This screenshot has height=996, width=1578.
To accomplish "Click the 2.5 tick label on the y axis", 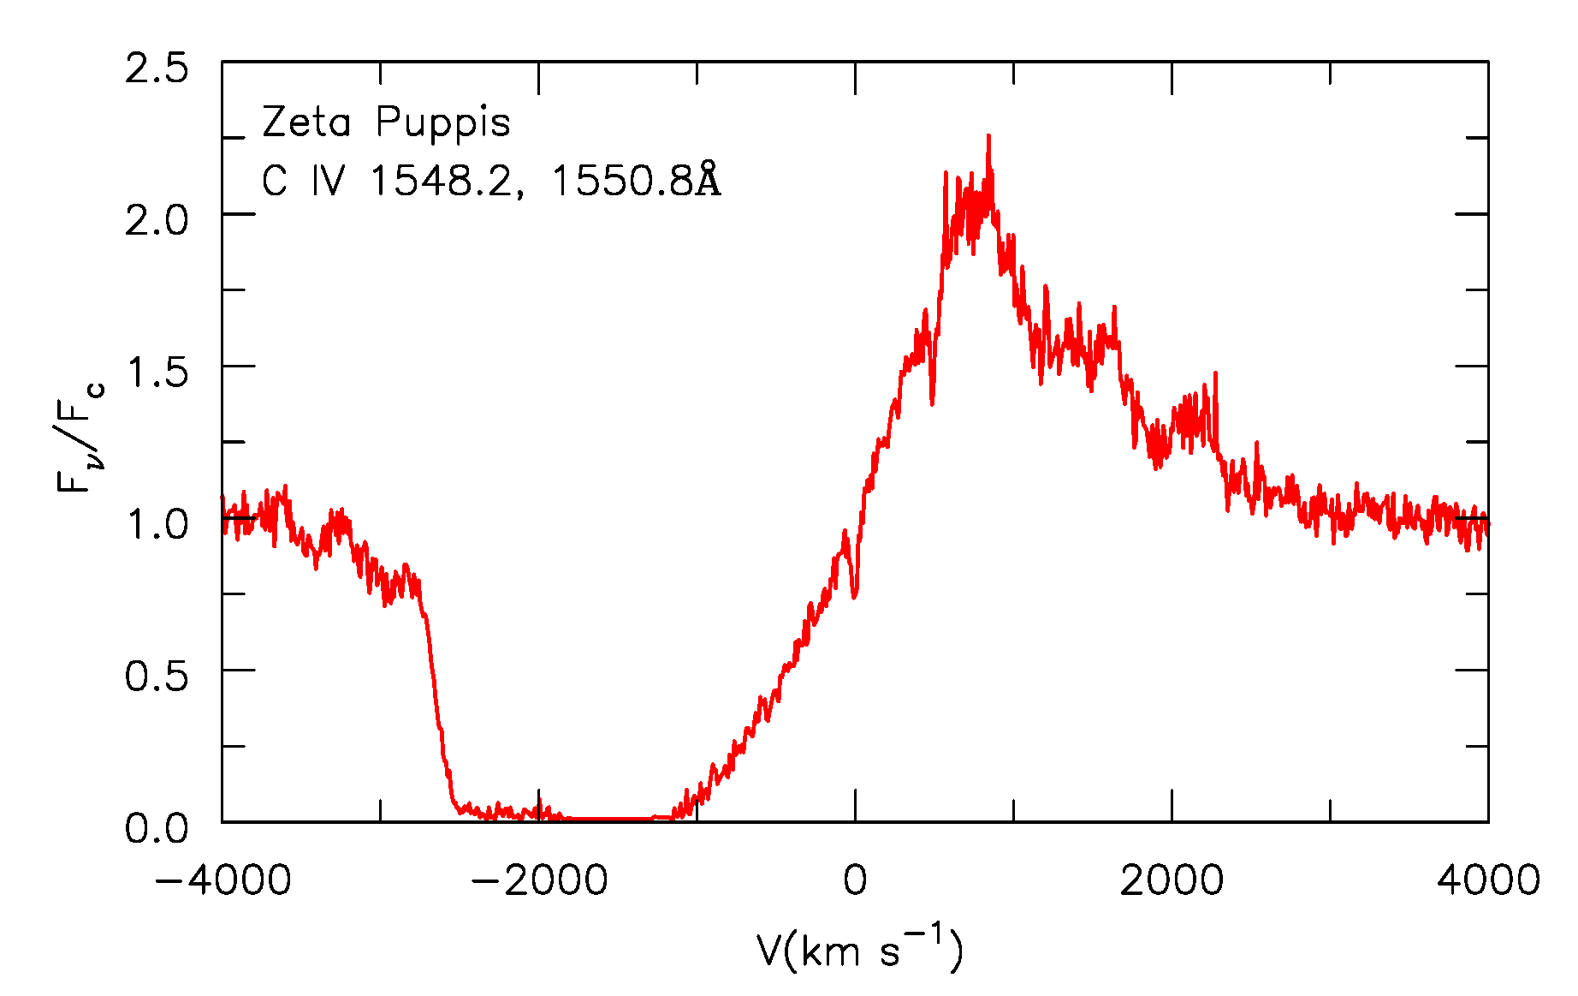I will click(x=157, y=69).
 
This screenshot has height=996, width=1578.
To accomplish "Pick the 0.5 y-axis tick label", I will click(x=157, y=677).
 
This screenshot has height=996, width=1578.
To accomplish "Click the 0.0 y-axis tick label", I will click(x=157, y=828).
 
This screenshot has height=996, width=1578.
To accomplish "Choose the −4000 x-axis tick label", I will click(x=222, y=880).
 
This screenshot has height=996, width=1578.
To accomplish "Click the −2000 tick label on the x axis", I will click(x=539, y=880).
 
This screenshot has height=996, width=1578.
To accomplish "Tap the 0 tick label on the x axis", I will click(x=855, y=880).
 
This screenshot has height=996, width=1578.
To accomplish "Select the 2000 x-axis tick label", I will click(x=1172, y=880).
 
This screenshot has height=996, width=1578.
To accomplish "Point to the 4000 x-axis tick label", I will click(x=1488, y=880).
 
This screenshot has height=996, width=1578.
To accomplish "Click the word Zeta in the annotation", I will click(x=306, y=122).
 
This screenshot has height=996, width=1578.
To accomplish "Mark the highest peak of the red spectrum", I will click(x=988, y=137).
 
